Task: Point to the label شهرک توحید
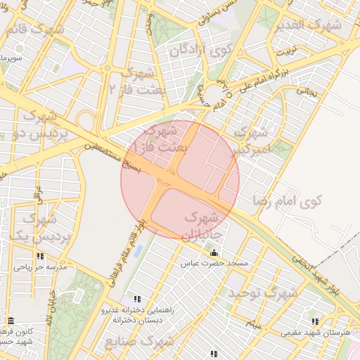coord(264,291)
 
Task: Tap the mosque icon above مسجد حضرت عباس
coord(214,252)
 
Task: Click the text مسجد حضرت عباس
coord(214,264)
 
